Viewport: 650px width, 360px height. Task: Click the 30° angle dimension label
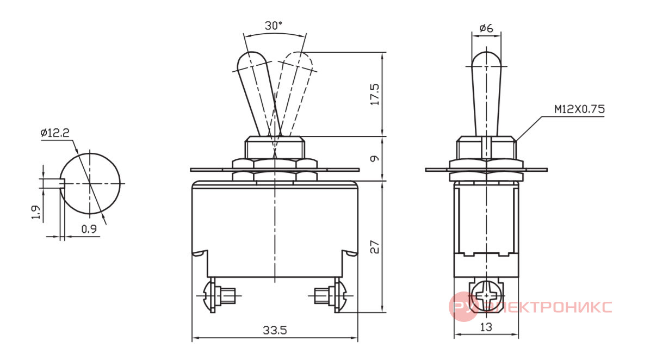click(273, 26)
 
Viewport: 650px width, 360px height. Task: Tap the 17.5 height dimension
click(374, 95)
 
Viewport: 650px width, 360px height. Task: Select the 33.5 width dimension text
click(275, 330)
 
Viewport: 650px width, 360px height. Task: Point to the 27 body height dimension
click(374, 247)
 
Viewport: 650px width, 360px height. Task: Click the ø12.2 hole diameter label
click(55, 133)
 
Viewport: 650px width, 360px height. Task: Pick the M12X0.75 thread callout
click(579, 109)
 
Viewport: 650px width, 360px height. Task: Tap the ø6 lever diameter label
click(486, 28)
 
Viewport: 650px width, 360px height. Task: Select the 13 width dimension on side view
click(486, 327)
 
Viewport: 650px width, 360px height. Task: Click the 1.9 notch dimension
click(36, 212)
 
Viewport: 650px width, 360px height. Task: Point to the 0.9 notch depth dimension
click(89, 228)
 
